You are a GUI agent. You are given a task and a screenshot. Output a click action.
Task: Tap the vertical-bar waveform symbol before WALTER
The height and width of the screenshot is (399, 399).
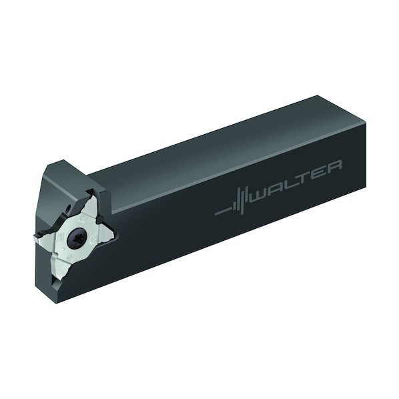(x=232, y=203)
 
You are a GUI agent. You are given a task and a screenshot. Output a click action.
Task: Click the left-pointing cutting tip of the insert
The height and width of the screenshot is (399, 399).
(x=35, y=236)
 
